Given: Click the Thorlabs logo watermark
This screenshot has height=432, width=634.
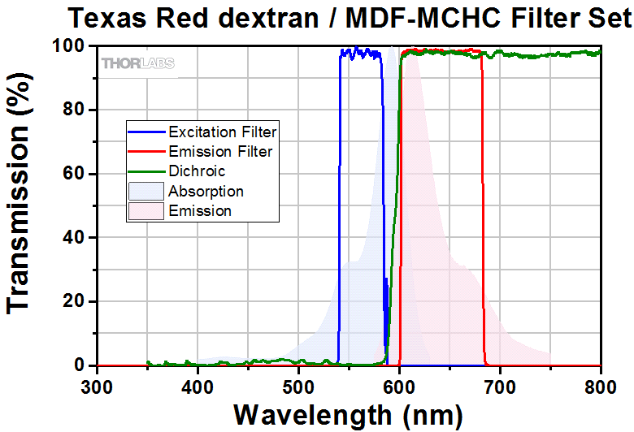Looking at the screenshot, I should [137, 63].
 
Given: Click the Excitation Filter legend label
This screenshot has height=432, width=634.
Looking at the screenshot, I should [222, 132].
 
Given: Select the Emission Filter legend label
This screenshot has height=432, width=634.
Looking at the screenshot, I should [219, 151].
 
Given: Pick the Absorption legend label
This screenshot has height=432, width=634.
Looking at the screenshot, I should [206, 192].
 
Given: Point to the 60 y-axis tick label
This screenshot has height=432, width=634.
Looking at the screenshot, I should [75, 174].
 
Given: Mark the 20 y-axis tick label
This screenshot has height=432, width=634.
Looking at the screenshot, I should [75, 301].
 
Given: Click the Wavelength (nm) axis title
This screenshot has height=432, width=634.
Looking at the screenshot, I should [349, 413].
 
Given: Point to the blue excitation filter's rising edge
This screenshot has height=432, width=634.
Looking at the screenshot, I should [339, 203].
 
